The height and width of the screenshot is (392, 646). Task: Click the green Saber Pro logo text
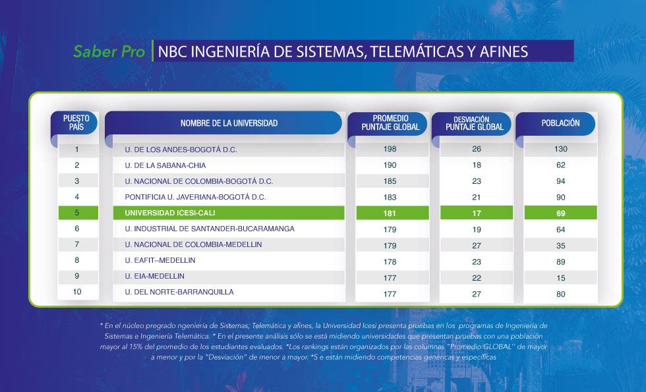click(x=109, y=51)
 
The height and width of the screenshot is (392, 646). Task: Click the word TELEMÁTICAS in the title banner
click(x=417, y=51)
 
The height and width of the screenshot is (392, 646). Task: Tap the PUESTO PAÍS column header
click(x=76, y=123)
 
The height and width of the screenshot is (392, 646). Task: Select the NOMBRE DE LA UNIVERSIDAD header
click(x=229, y=123)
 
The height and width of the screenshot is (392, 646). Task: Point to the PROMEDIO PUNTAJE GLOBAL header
click(x=390, y=123)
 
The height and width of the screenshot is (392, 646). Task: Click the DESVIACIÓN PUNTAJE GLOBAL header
click(x=475, y=123)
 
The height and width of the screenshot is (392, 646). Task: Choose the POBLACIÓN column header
click(x=560, y=123)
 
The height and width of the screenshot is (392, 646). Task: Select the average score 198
click(x=390, y=149)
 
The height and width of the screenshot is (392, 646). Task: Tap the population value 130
click(x=561, y=149)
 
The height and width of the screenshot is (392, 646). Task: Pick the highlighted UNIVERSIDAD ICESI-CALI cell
click(x=229, y=213)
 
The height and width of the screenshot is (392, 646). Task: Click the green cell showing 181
click(x=393, y=213)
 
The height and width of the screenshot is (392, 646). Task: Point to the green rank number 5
click(x=78, y=213)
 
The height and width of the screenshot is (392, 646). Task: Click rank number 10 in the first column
click(x=77, y=292)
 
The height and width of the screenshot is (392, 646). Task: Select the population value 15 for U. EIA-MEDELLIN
click(x=561, y=278)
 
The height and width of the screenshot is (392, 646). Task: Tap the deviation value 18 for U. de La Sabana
click(x=477, y=165)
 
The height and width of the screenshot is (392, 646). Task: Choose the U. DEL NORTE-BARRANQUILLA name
click(x=179, y=292)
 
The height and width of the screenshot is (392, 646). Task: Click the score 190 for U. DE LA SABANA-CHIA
click(x=390, y=165)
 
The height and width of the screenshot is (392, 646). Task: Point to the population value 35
click(x=561, y=246)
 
